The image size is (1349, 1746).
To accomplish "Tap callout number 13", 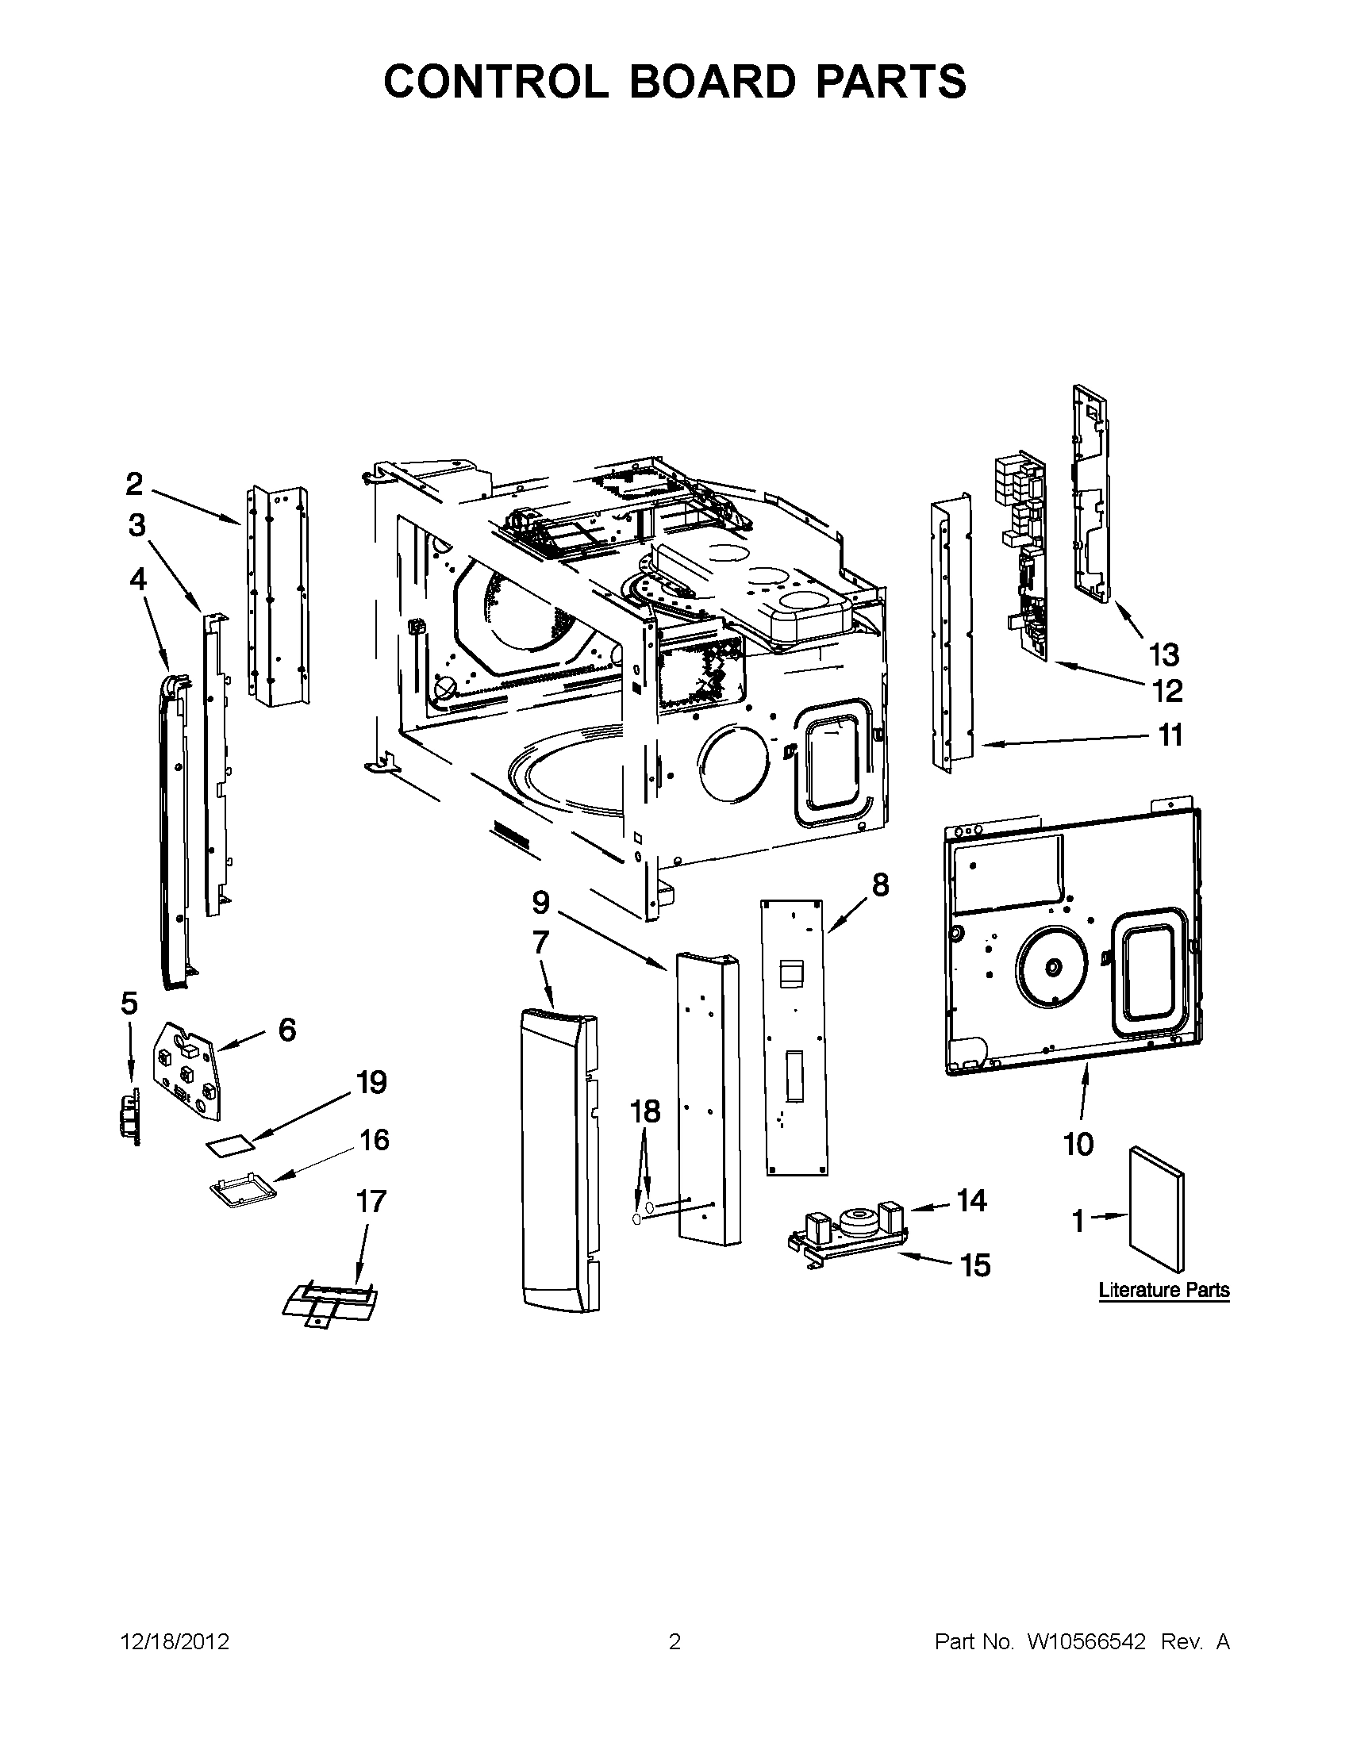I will [x=1163, y=654].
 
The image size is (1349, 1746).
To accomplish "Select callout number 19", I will [x=371, y=1083].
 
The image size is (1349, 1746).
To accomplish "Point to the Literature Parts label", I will [x=1163, y=1290].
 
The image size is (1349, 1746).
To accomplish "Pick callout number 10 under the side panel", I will [x=1078, y=1144].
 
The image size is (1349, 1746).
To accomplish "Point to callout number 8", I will [x=878, y=885].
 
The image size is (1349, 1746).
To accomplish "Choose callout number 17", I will [x=371, y=1202].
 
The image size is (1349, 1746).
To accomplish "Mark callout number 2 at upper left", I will [x=134, y=483].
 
